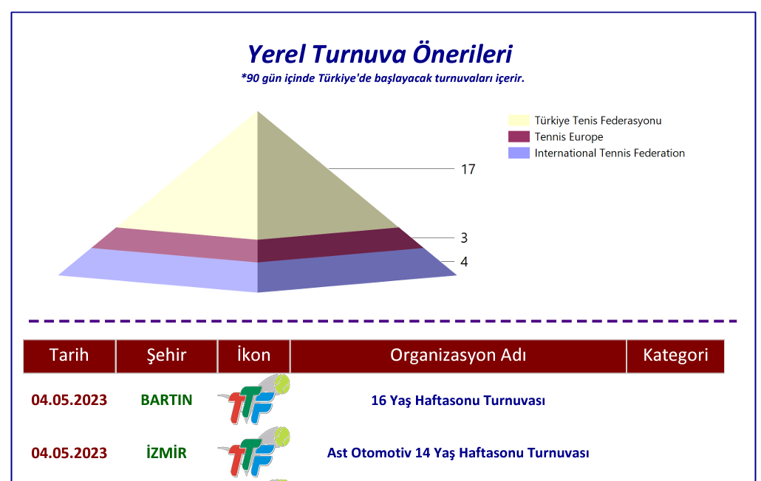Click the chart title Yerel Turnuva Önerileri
[380, 54]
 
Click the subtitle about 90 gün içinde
[383, 78]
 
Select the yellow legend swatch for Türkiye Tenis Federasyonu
[519, 120]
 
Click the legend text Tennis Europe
[569, 137]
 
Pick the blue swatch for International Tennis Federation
[519, 153]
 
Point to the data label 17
[468, 169]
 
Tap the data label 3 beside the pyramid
[464, 238]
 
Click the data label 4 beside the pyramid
[464, 262]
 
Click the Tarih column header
[69, 356]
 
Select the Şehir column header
[166, 356]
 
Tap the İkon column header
[254, 356]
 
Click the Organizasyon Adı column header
[458, 356]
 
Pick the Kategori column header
[675, 356]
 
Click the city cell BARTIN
[166, 400]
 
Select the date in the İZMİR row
[69, 453]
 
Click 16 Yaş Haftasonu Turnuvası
[458, 401]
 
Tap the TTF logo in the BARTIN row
[254, 399]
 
